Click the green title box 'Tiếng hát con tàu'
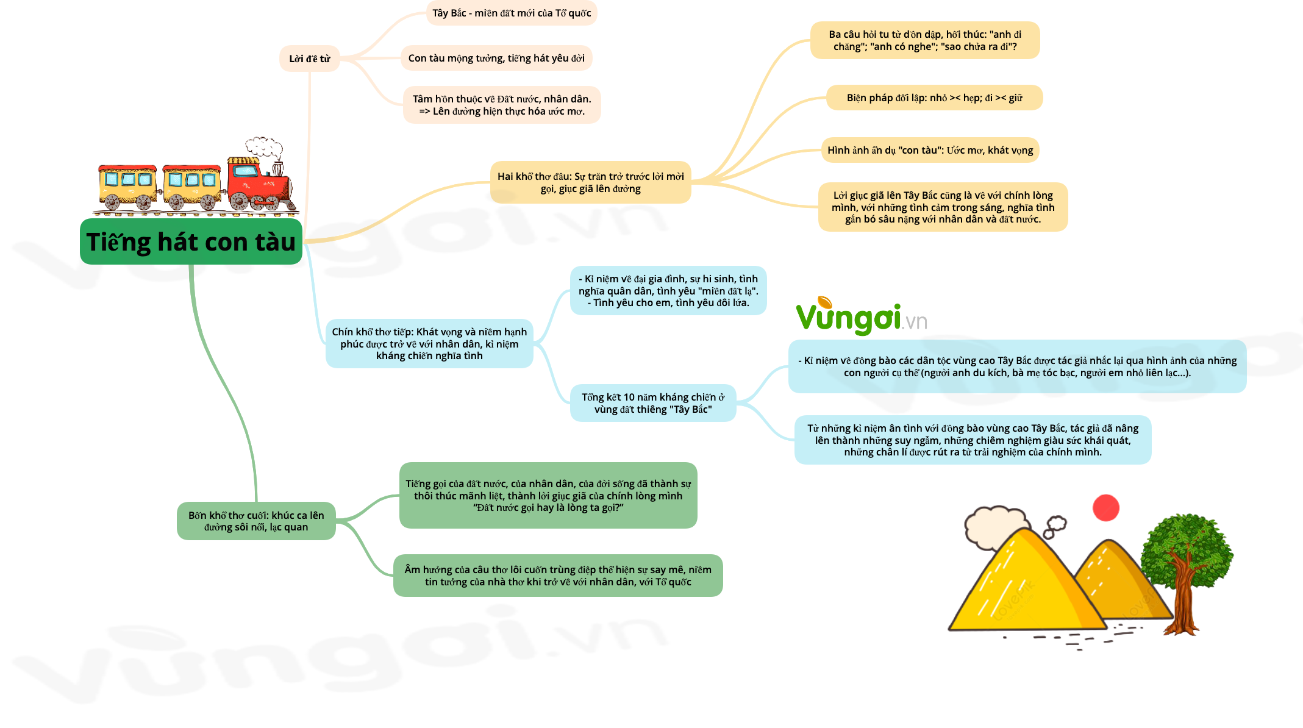pos(191,241)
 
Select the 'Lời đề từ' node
pos(310,59)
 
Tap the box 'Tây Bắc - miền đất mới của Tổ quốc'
pos(512,13)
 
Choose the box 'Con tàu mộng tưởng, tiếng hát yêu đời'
pos(496,58)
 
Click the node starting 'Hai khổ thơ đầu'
pos(590,182)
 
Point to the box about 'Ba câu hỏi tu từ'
pos(925,40)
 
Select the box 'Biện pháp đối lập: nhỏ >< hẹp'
pos(934,98)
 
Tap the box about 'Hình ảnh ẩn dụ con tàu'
pos(930,150)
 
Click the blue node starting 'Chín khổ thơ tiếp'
pos(429,344)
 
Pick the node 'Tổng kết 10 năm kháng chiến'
pos(653,403)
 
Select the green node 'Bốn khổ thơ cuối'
pos(256,521)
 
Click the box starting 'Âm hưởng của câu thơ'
pos(558,576)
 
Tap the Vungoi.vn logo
pos(861,316)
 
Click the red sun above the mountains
pos(1106,508)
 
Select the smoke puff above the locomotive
pos(265,148)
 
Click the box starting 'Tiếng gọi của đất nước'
pos(548,496)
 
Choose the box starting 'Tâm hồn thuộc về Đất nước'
pos(502,105)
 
